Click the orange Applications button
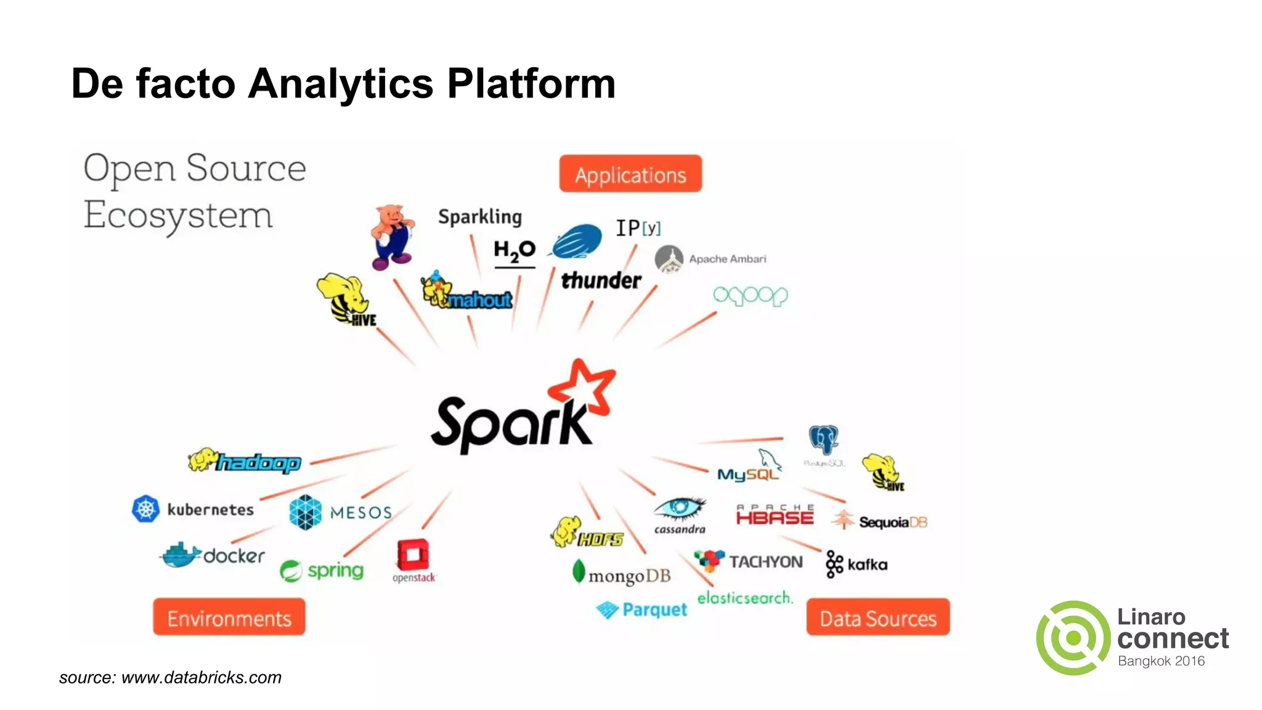coord(630,174)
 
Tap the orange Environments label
coord(229,618)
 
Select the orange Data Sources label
coord(877,618)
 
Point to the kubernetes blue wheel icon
coord(145,509)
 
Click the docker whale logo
coord(180,555)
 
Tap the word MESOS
coord(360,513)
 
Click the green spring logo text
coord(335,571)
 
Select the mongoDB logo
coord(622,574)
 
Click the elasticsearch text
coord(744,597)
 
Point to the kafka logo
coord(857,564)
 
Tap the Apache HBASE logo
coord(775,515)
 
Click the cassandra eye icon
coord(679,508)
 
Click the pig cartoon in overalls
coord(393,237)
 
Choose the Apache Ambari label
coord(727,259)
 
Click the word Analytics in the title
coord(341,84)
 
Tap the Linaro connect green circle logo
coord(1073,638)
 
